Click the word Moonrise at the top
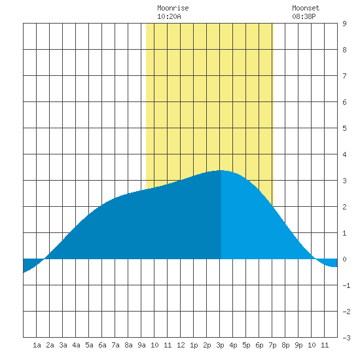[173, 8]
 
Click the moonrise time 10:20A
[169, 16]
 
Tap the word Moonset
[306, 8]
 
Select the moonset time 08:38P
[304, 16]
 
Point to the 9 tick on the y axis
[344, 24]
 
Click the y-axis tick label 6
[344, 102]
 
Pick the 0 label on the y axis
[344, 259]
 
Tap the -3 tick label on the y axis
[346, 338]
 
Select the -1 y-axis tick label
[346, 285]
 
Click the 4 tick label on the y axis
[344, 154]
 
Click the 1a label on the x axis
[37, 345]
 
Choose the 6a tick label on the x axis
[102, 345]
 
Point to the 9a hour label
[141, 345]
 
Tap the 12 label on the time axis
[181, 345]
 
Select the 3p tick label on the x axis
[220, 345]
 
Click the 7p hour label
[272, 345]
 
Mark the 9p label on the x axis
[298, 345]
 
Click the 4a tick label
[76, 345]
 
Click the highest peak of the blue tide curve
[221, 170]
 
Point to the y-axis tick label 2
[344, 207]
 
